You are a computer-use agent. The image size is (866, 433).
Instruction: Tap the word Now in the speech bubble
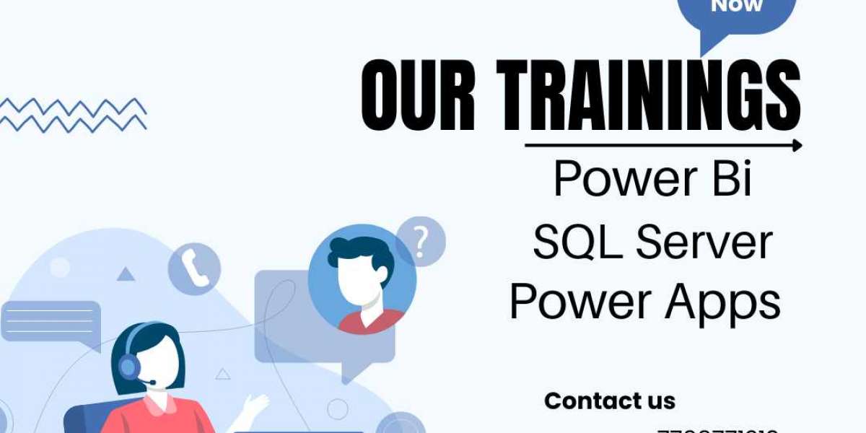[x=736, y=6]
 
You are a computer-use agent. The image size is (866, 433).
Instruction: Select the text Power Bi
[x=652, y=178]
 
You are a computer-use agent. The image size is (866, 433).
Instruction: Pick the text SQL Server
[x=652, y=242]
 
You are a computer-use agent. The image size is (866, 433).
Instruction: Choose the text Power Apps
[x=645, y=302]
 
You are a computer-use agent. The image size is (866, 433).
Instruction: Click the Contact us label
[x=609, y=401]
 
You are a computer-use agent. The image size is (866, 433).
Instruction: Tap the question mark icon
[x=421, y=240]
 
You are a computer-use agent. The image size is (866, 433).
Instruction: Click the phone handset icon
[x=193, y=268]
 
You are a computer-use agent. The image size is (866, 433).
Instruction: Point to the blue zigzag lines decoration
[x=72, y=114]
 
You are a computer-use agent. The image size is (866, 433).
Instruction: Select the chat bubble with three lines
[x=51, y=321]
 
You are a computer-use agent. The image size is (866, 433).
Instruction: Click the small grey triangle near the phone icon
[x=126, y=274]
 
